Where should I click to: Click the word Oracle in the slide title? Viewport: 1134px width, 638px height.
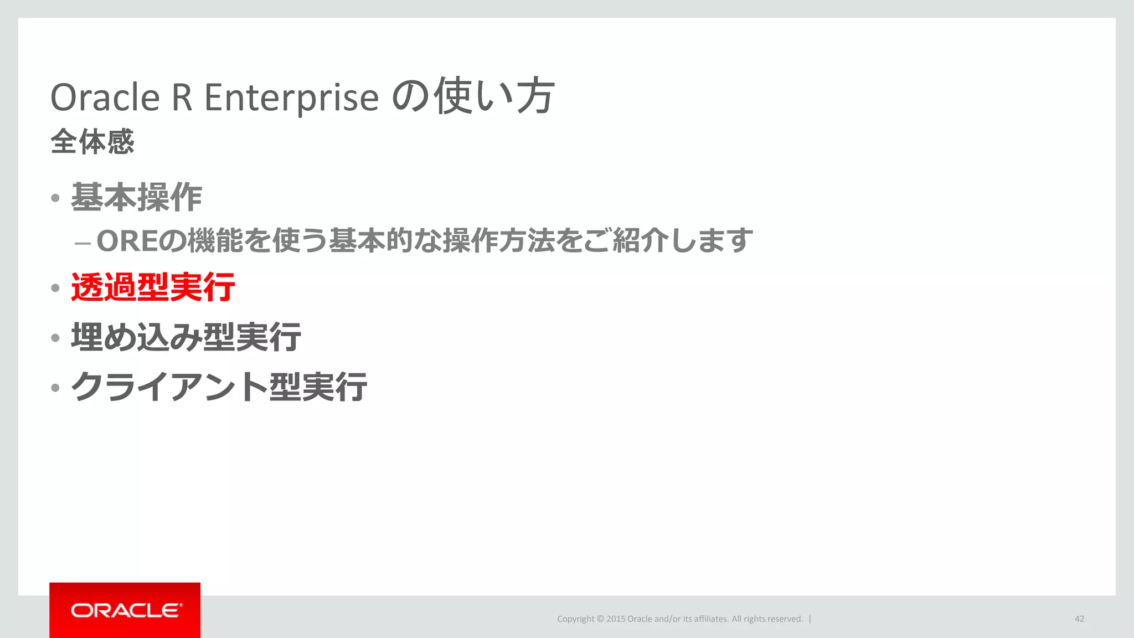tap(105, 98)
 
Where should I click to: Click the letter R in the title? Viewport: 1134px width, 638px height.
tap(182, 98)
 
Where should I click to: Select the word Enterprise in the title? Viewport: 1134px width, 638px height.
tap(291, 98)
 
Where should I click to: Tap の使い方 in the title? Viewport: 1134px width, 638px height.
tap(473, 97)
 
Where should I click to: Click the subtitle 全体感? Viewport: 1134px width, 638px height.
tap(92, 142)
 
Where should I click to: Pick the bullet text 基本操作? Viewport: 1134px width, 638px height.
tap(136, 198)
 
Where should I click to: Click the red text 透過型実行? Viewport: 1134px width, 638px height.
tap(153, 287)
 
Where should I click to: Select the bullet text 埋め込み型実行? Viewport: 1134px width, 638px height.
tap(186, 337)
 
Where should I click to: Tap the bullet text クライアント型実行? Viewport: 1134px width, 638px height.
tap(219, 387)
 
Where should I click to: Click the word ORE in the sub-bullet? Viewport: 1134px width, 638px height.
tap(127, 241)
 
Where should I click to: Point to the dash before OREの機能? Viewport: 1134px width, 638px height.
tap(83, 243)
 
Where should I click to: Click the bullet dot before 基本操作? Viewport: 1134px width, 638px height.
tap(55, 198)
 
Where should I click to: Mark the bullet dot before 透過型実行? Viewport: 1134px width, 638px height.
tap(55, 288)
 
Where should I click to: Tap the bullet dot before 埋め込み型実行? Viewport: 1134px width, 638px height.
tap(55, 338)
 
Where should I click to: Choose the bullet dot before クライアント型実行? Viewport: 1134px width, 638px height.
tap(55, 388)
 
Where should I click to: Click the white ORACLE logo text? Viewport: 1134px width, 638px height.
tap(126, 610)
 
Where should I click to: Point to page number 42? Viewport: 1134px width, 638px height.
tap(1079, 619)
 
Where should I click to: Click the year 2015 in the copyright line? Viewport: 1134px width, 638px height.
tap(615, 619)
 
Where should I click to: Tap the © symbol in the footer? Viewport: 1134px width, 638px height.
tap(600, 619)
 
